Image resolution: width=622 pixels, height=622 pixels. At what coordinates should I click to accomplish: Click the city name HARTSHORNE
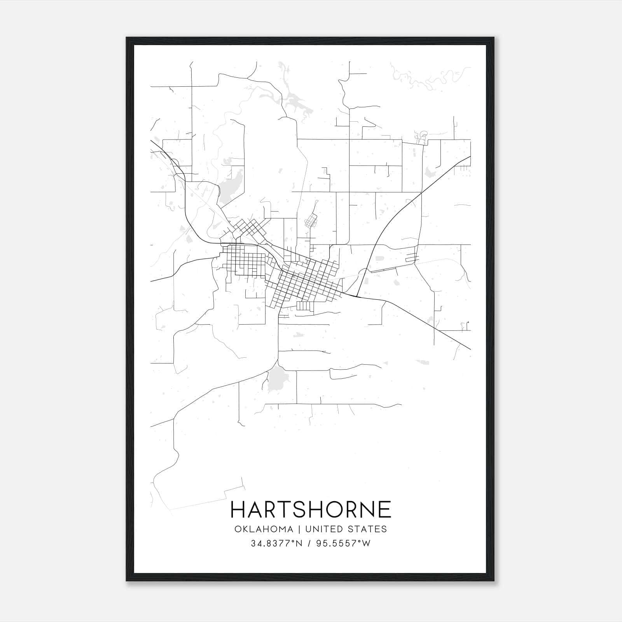(311, 509)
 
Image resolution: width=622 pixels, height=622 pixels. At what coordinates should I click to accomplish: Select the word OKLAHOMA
(264, 529)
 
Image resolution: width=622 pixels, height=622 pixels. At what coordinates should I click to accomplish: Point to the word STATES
(368, 529)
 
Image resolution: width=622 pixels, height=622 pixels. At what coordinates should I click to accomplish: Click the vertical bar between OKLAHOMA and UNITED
(299, 529)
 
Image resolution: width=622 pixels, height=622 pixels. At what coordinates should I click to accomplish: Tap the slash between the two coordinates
(310, 543)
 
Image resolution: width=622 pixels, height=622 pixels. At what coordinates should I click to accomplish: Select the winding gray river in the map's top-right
(428, 80)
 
